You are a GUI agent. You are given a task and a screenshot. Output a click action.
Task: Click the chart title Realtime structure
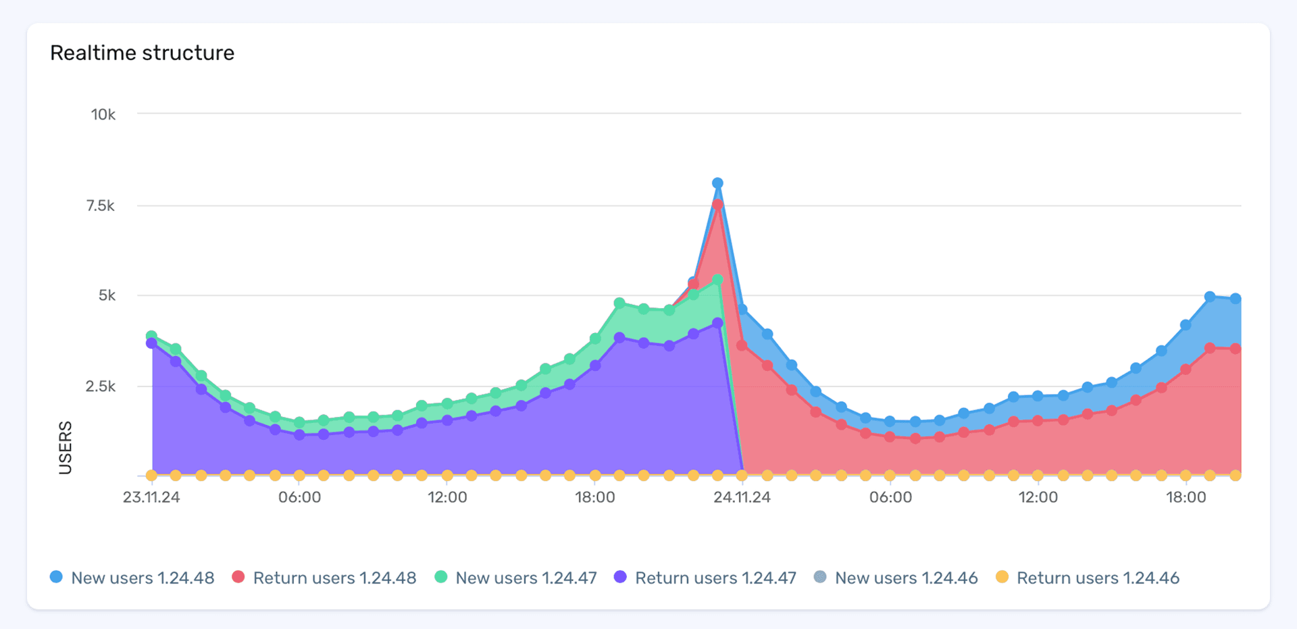point(142,53)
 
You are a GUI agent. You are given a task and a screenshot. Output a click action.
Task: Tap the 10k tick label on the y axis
point(103,115)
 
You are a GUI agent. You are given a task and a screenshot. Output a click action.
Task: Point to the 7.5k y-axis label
point(101,206)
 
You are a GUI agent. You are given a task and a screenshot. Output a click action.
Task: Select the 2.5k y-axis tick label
point(101,386)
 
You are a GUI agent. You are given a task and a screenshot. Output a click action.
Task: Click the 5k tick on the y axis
point(107,296)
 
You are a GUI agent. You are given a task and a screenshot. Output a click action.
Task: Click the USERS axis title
point(66,447)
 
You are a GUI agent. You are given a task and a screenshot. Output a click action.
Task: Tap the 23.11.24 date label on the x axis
point(151,498)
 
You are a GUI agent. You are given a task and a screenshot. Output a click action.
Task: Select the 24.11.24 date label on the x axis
point(742,498)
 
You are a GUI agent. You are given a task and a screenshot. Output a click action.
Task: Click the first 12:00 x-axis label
point(447,498)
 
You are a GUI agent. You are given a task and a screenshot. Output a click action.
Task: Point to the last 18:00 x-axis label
point(1186,498)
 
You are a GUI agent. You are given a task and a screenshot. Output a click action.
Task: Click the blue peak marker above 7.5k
point(717,183)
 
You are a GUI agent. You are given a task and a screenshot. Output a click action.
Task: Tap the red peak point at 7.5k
point(717,205)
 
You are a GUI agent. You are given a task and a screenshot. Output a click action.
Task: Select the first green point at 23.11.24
point(151,336)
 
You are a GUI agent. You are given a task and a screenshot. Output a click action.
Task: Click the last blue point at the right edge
point(1235,299)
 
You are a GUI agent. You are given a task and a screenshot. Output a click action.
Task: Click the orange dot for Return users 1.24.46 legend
point(1002,577)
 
